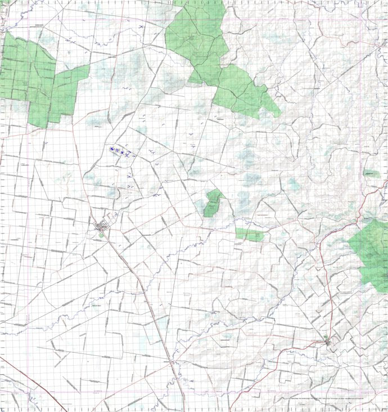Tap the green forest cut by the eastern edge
[371, 253]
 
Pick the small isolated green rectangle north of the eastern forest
[371, 174]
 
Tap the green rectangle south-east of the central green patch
[250, 235]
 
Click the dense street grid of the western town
[102, 227]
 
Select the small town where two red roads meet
[327, 341]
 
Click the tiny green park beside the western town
[101, 236]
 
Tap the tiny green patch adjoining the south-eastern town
[326, 337]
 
